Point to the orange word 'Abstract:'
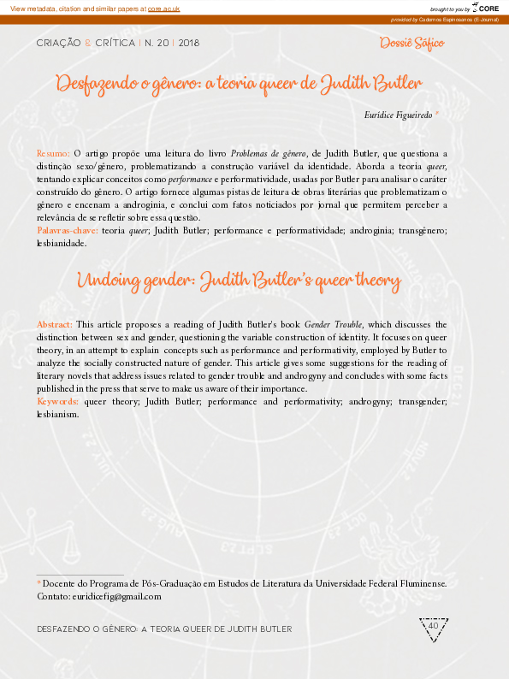coord(55,325)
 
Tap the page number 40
coord(433,626)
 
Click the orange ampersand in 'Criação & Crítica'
coord(86,42)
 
